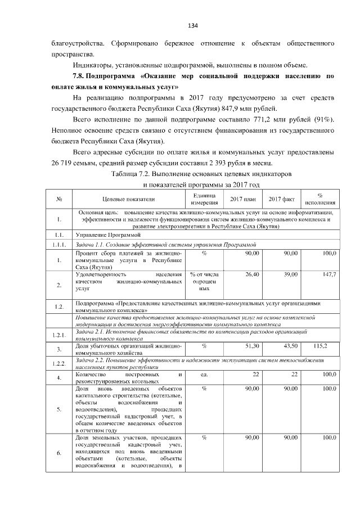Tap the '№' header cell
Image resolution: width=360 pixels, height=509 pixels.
pos(59,200)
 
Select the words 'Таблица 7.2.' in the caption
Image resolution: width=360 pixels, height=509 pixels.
pos(135,174)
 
